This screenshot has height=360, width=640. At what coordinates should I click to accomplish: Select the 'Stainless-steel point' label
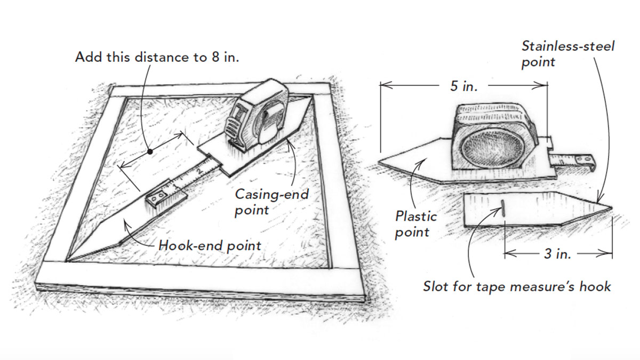click(567, 54)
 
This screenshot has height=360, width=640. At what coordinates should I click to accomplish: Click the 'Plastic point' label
click(415, 224)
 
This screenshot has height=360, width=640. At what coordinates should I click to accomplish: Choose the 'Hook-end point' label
click(210, 245)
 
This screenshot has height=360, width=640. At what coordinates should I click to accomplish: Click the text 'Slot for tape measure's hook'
click(517, 286)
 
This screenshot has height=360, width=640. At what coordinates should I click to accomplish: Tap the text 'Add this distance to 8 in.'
click(157, 57)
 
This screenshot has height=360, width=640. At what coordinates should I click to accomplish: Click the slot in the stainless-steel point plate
click(502, 207)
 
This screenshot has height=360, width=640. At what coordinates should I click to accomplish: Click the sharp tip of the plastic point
click(379, 159)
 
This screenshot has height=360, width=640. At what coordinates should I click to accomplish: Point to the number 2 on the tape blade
click(198, 172)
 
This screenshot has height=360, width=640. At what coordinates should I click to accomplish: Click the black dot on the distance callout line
click(151, 152)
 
